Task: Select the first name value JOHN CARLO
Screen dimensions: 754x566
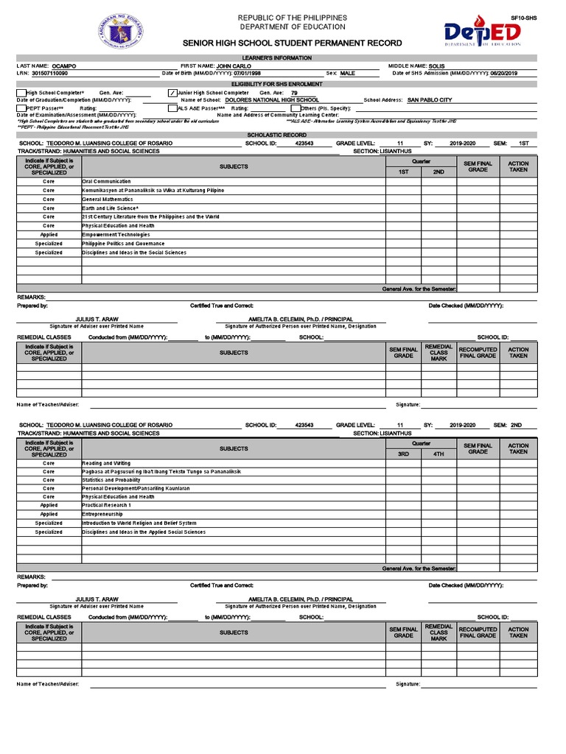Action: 234,66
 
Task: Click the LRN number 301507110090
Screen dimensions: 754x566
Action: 49,74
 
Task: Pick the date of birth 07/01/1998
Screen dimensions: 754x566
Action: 248,74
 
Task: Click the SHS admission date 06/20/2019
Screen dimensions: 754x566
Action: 504,74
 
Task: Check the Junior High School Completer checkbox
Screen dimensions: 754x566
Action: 173,93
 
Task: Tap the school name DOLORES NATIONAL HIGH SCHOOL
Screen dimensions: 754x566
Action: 272,100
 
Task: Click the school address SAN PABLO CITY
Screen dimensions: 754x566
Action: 430,100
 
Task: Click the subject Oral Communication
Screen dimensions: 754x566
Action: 107,181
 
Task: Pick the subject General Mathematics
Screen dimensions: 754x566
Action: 107,199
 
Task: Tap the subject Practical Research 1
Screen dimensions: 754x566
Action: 107,505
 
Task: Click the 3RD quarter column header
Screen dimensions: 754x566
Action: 403,454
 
